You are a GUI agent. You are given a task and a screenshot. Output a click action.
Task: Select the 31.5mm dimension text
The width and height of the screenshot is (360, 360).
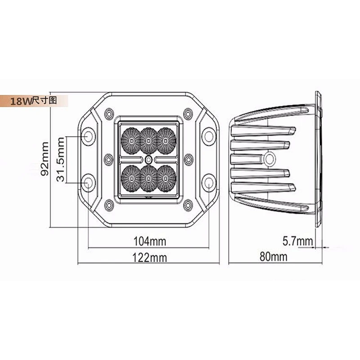61,160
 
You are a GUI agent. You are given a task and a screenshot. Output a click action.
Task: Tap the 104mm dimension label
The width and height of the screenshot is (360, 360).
150,241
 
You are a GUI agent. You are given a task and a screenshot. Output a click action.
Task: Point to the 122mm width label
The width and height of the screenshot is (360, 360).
150,257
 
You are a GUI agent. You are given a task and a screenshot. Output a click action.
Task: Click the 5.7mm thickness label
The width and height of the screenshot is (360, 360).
297,241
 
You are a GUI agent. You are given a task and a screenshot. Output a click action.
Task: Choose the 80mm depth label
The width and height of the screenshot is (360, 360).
274,256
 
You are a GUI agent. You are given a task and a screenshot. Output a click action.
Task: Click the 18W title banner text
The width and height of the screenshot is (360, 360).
33,100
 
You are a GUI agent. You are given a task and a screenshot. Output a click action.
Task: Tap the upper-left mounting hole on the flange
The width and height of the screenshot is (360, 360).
88,136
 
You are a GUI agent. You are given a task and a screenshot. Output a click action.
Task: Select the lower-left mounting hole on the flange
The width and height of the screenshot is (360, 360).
88,183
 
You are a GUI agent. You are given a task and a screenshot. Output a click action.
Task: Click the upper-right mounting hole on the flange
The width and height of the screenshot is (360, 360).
208,136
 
